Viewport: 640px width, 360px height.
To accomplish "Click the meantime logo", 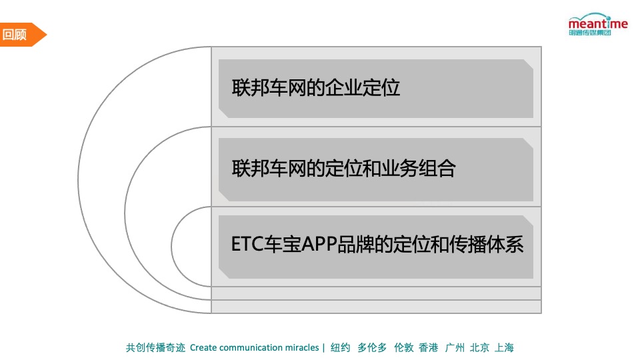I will point(597,27).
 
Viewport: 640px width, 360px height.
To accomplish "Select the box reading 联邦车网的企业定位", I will point(376,88).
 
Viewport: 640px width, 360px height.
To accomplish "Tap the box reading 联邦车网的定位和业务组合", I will point(376,169).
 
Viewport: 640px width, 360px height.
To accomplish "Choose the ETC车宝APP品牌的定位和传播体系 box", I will point(376,246).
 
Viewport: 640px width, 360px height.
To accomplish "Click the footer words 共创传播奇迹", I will point(155,347).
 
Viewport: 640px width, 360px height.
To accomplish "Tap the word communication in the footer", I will point(251,347).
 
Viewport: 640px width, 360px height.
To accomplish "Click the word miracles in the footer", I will point(301,347).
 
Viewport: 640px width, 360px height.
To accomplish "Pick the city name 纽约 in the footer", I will point(340,347).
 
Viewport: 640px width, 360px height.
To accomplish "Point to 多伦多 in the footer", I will point(372,347).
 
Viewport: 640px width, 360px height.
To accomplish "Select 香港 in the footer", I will point(429,347).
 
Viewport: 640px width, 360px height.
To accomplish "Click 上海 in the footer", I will point(504,347).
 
